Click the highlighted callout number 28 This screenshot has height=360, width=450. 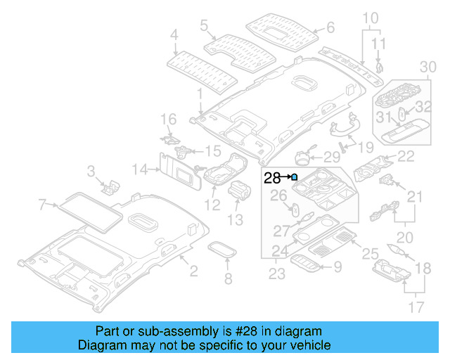point(271,178)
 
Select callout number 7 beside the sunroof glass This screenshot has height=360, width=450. point(42,205)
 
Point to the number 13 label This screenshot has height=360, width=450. point(235,220)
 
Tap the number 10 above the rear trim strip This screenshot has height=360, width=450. point(370,17)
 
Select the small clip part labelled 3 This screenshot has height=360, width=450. point(110,185)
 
